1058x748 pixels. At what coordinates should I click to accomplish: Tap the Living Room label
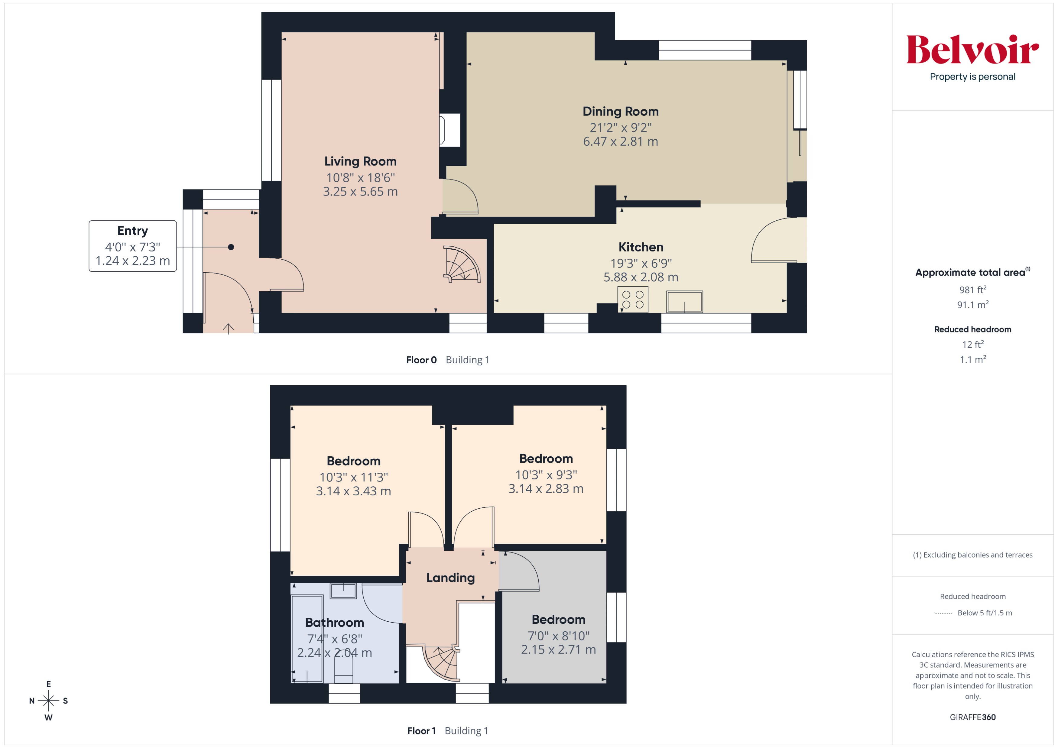(360, 161)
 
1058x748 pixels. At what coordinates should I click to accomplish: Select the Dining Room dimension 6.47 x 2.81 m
(620, 141)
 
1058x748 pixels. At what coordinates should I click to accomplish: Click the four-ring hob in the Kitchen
(633, 300)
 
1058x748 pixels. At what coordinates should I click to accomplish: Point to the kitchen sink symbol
(684, 302)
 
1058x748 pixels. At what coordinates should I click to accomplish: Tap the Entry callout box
(133, 246)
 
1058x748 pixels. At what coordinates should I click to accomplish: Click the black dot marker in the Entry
(231, 247)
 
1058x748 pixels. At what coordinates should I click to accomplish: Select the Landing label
(450, 578)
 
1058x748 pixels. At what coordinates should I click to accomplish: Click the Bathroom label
(335, 623)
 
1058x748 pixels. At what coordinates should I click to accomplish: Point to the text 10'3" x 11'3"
(353, 477)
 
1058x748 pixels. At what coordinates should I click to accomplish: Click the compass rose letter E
(48, 684)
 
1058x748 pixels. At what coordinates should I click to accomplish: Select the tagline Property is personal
(972, 77)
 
